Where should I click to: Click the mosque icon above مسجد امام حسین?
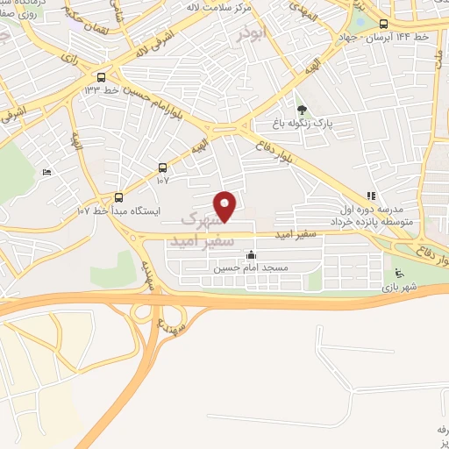pyautogui.click(x=251, y=255)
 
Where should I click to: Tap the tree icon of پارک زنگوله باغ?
pyautogui.click(x=302, y=110)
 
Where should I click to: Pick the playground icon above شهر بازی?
pyautogui.click(x=399, y=272)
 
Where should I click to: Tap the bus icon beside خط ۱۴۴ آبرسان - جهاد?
pyautogui.click(x=384, y=25)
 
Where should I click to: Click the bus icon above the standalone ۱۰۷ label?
pyautogui.click(x=162, y=167)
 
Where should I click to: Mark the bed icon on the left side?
pyautogui.click(x=46, y=172)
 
